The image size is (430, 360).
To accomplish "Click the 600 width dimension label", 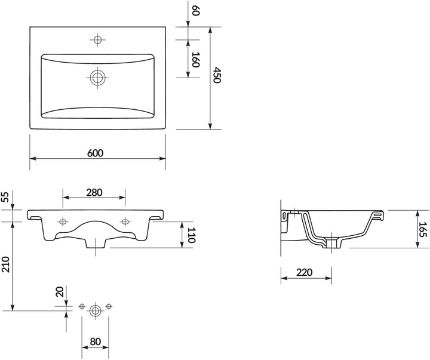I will click(x=96, y=153).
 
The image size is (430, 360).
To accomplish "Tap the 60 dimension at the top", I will click(x=195, y=11).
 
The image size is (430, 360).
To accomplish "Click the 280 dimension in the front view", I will click(x=94, y=192).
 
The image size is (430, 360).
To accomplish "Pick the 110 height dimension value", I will click(x=191, y=235).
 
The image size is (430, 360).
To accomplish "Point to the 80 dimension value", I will click(x=96, y=343).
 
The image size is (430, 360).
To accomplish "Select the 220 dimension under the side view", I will click(x=305, y=273).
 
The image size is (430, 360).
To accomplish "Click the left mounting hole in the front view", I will click(x=63, y=221).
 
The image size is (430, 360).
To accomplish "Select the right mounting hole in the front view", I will click(x=125, y=221).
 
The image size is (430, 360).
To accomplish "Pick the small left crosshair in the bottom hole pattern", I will click(x=82, y=307).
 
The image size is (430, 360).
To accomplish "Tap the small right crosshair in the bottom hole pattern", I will click(x=109, y=307).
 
